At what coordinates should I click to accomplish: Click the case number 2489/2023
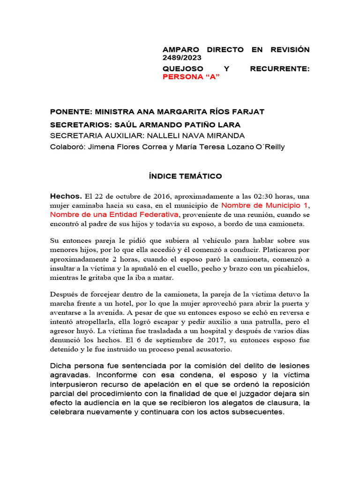coord(182,58)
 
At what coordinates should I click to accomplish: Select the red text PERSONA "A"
coord(191,77)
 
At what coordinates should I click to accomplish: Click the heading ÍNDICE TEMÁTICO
coord(182,176)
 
